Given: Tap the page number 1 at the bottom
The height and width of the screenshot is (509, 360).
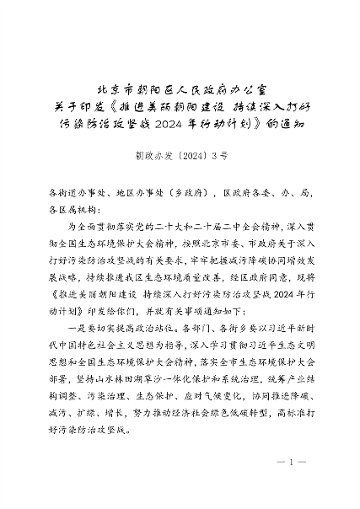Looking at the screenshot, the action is (289, 463).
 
